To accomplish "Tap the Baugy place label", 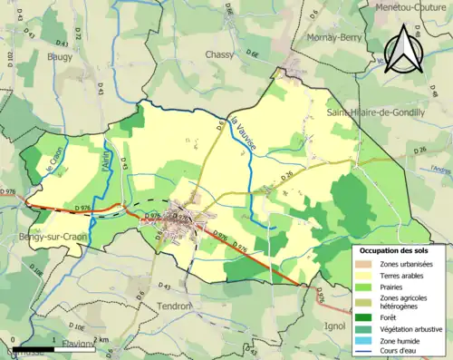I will tap(60, 56).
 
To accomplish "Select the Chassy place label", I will tap(219, 54).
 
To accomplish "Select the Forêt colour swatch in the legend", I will tap(364, 317).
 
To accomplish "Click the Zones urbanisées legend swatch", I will tap(364, 263).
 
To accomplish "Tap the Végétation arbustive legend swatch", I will tap(364, 328).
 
